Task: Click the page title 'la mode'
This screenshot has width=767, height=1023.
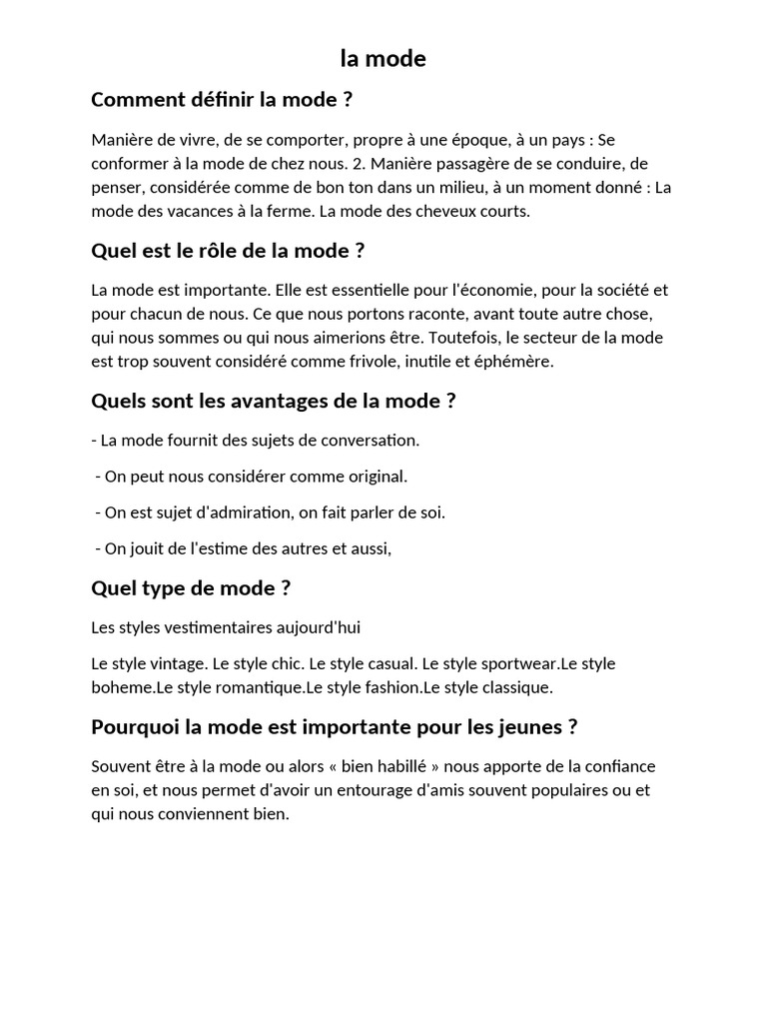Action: click(383, 59)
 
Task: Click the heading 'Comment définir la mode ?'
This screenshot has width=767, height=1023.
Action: click(222, 100)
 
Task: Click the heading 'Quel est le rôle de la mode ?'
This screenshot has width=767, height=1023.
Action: click(228, 251)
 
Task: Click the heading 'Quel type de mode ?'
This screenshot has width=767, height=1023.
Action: click(191, 588)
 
